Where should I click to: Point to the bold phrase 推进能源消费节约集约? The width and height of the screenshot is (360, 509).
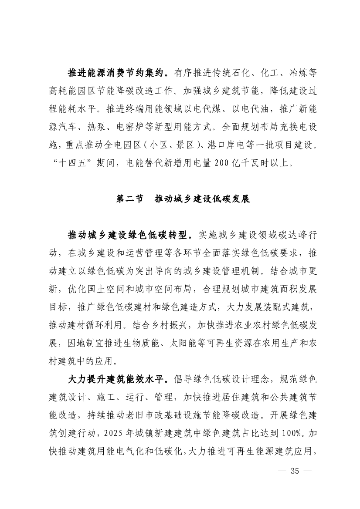point(118,72)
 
